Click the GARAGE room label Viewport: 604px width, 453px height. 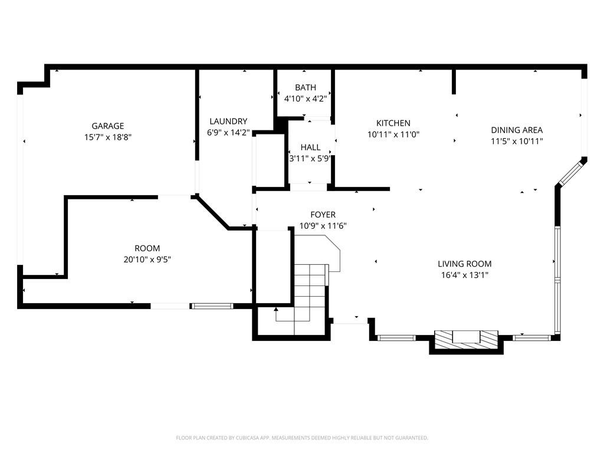tap(107, 126)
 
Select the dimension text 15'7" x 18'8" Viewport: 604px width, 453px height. tap(107, 137)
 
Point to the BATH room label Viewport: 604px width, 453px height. tap(305, 87)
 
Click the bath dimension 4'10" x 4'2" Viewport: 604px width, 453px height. tap(305, 99)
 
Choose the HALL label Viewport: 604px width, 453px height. tap(310, 147)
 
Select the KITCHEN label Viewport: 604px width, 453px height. tap(393, 123)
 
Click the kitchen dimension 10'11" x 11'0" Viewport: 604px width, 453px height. tap(393, 134)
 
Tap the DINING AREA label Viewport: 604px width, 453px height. tap(517, 130)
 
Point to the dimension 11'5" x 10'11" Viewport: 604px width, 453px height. tap(517, 141)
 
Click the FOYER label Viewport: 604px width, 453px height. tap(323, 215)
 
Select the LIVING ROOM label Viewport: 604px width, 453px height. tap(464, 264)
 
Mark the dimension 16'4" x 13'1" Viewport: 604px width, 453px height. tap(464, 275)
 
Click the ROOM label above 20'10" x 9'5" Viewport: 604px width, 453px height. tap(147, 248)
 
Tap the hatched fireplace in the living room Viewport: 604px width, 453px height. tap(466, 339)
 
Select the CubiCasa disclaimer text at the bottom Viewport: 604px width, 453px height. tap(302, 438)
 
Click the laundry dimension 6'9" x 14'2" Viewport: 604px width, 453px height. tap(228, 133)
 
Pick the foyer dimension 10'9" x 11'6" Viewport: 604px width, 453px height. tap(323, 226)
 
